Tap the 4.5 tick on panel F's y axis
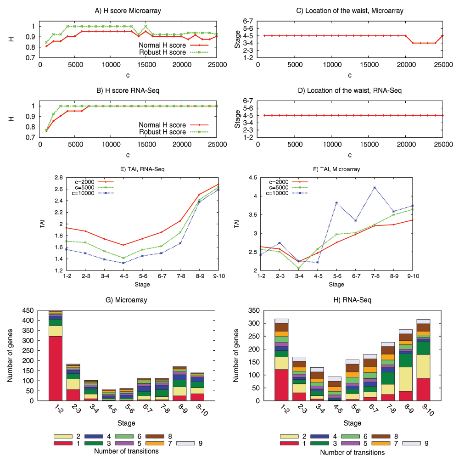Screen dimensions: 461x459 point(252,177)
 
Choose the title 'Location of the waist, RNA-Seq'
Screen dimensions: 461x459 point(350,91)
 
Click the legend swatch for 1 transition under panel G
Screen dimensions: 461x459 point(61,443)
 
